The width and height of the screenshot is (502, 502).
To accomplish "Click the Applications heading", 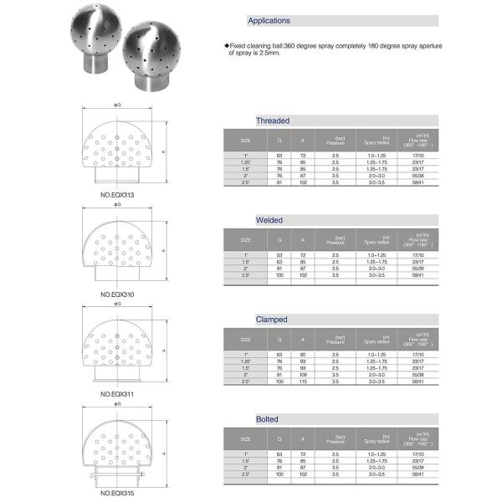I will (x=269, y=20).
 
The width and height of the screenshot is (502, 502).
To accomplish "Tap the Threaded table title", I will (x=272, y=120).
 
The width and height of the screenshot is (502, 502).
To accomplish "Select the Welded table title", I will (x=269, y=220).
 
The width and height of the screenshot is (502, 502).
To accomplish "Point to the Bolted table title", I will (x=269, y=418).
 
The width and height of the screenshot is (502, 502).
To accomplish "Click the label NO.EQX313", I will (x=117, y=194).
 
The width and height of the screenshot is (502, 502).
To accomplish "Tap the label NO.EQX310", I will (x=117, y=295).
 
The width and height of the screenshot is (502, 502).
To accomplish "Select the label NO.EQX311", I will (x=117, y=392).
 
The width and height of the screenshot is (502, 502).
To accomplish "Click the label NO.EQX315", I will (x=117, y=494).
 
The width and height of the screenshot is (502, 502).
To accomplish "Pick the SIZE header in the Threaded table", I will (x=246, y=140).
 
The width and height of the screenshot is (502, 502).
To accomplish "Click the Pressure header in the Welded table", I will (x=335, y=239).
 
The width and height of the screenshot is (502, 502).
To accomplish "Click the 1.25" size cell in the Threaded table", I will (x=246, y=162).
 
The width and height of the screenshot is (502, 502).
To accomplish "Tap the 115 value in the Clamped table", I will (x=304, y=382).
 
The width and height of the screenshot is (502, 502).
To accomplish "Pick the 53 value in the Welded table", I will (x=280, y=254).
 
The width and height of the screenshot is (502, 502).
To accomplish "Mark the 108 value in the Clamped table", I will (x=304, y=375).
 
